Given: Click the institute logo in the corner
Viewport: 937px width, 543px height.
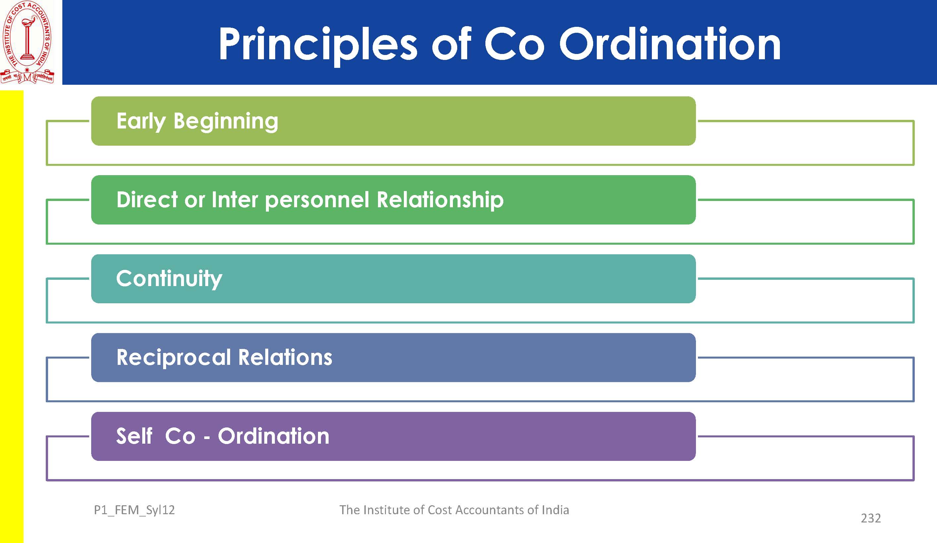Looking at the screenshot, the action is click(x=28, y=42).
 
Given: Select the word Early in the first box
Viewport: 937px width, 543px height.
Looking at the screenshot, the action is click(x=141, y=121).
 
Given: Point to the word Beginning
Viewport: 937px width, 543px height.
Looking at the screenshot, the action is click(x=226, y=122).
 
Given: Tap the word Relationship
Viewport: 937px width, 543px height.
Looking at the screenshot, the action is click(x=440, y=200).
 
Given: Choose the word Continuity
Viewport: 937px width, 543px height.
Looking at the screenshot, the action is click(x=169, y=279).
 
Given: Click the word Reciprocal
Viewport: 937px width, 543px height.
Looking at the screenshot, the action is click(x=174, y=358).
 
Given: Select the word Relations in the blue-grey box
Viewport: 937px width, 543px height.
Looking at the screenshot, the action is click(x=285, y=357).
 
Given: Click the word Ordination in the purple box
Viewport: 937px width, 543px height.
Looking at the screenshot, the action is click(x=273, y=436).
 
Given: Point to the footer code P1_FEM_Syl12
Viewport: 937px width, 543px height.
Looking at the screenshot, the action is click(x=134, y=510).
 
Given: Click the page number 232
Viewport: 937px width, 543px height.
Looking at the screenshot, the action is click(x=871, y=518).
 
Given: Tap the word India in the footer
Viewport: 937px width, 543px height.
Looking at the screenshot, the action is click(x=555, y=510).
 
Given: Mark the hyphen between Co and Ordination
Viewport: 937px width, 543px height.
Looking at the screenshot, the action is click(x=207, y=438).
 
